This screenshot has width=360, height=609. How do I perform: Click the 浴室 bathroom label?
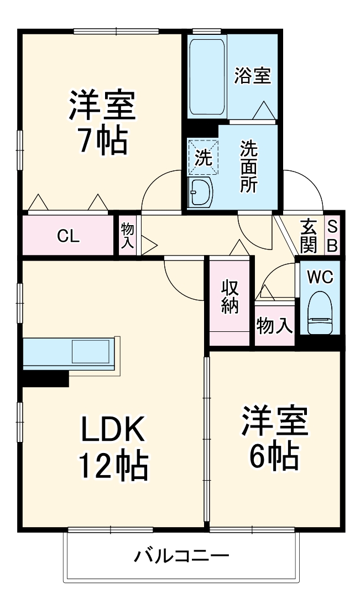click(253, 76)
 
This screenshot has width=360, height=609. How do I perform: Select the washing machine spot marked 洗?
click(203, 157)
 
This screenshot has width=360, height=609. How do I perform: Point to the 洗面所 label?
click(248, 166)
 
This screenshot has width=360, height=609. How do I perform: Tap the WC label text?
click(320, 277)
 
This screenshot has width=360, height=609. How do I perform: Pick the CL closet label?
click(69, 236)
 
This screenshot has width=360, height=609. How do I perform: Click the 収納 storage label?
click(230, 296)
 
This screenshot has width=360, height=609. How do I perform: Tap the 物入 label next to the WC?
click(274, 326)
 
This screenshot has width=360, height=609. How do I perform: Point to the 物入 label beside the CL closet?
click(127, 236)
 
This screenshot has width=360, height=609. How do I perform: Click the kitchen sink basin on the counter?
click(91, 351)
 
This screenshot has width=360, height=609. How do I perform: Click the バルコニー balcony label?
click(181, 555)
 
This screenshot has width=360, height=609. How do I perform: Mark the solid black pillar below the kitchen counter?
click(45, 379)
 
